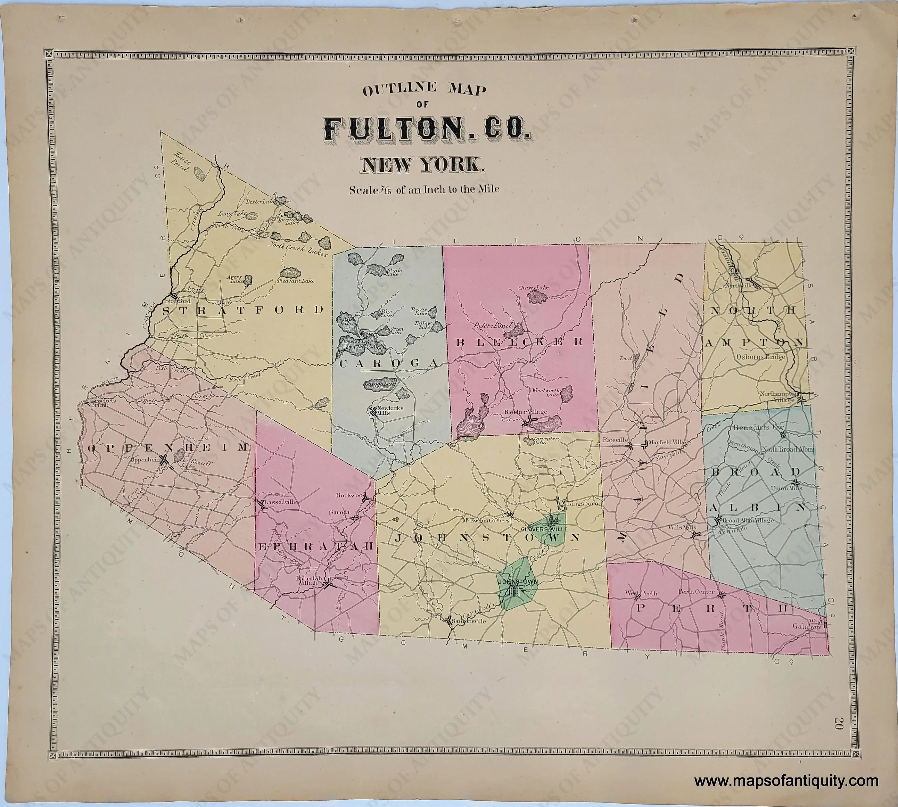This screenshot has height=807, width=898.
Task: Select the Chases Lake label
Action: (x=533, y=288)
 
